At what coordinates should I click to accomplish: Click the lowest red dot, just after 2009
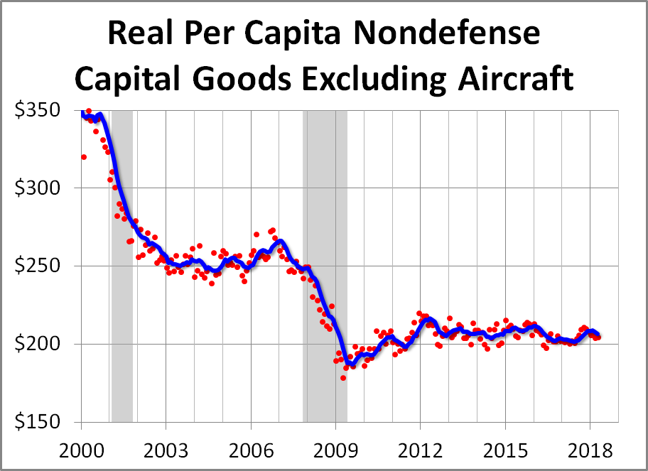click(343, 377)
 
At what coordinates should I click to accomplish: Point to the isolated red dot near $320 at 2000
click(84, 157)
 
